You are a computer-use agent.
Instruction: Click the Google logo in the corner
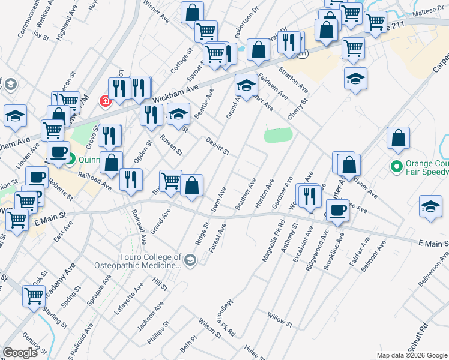coord(20,353)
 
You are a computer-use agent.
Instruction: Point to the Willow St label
coord(280,319)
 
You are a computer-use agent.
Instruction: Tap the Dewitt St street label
coord(217,147)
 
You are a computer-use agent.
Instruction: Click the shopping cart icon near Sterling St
coord(34,295)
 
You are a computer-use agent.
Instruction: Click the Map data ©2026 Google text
coord(411,355)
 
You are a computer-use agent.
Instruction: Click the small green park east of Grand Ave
coord(278,135)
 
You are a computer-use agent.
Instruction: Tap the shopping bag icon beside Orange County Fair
coord(398,139)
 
